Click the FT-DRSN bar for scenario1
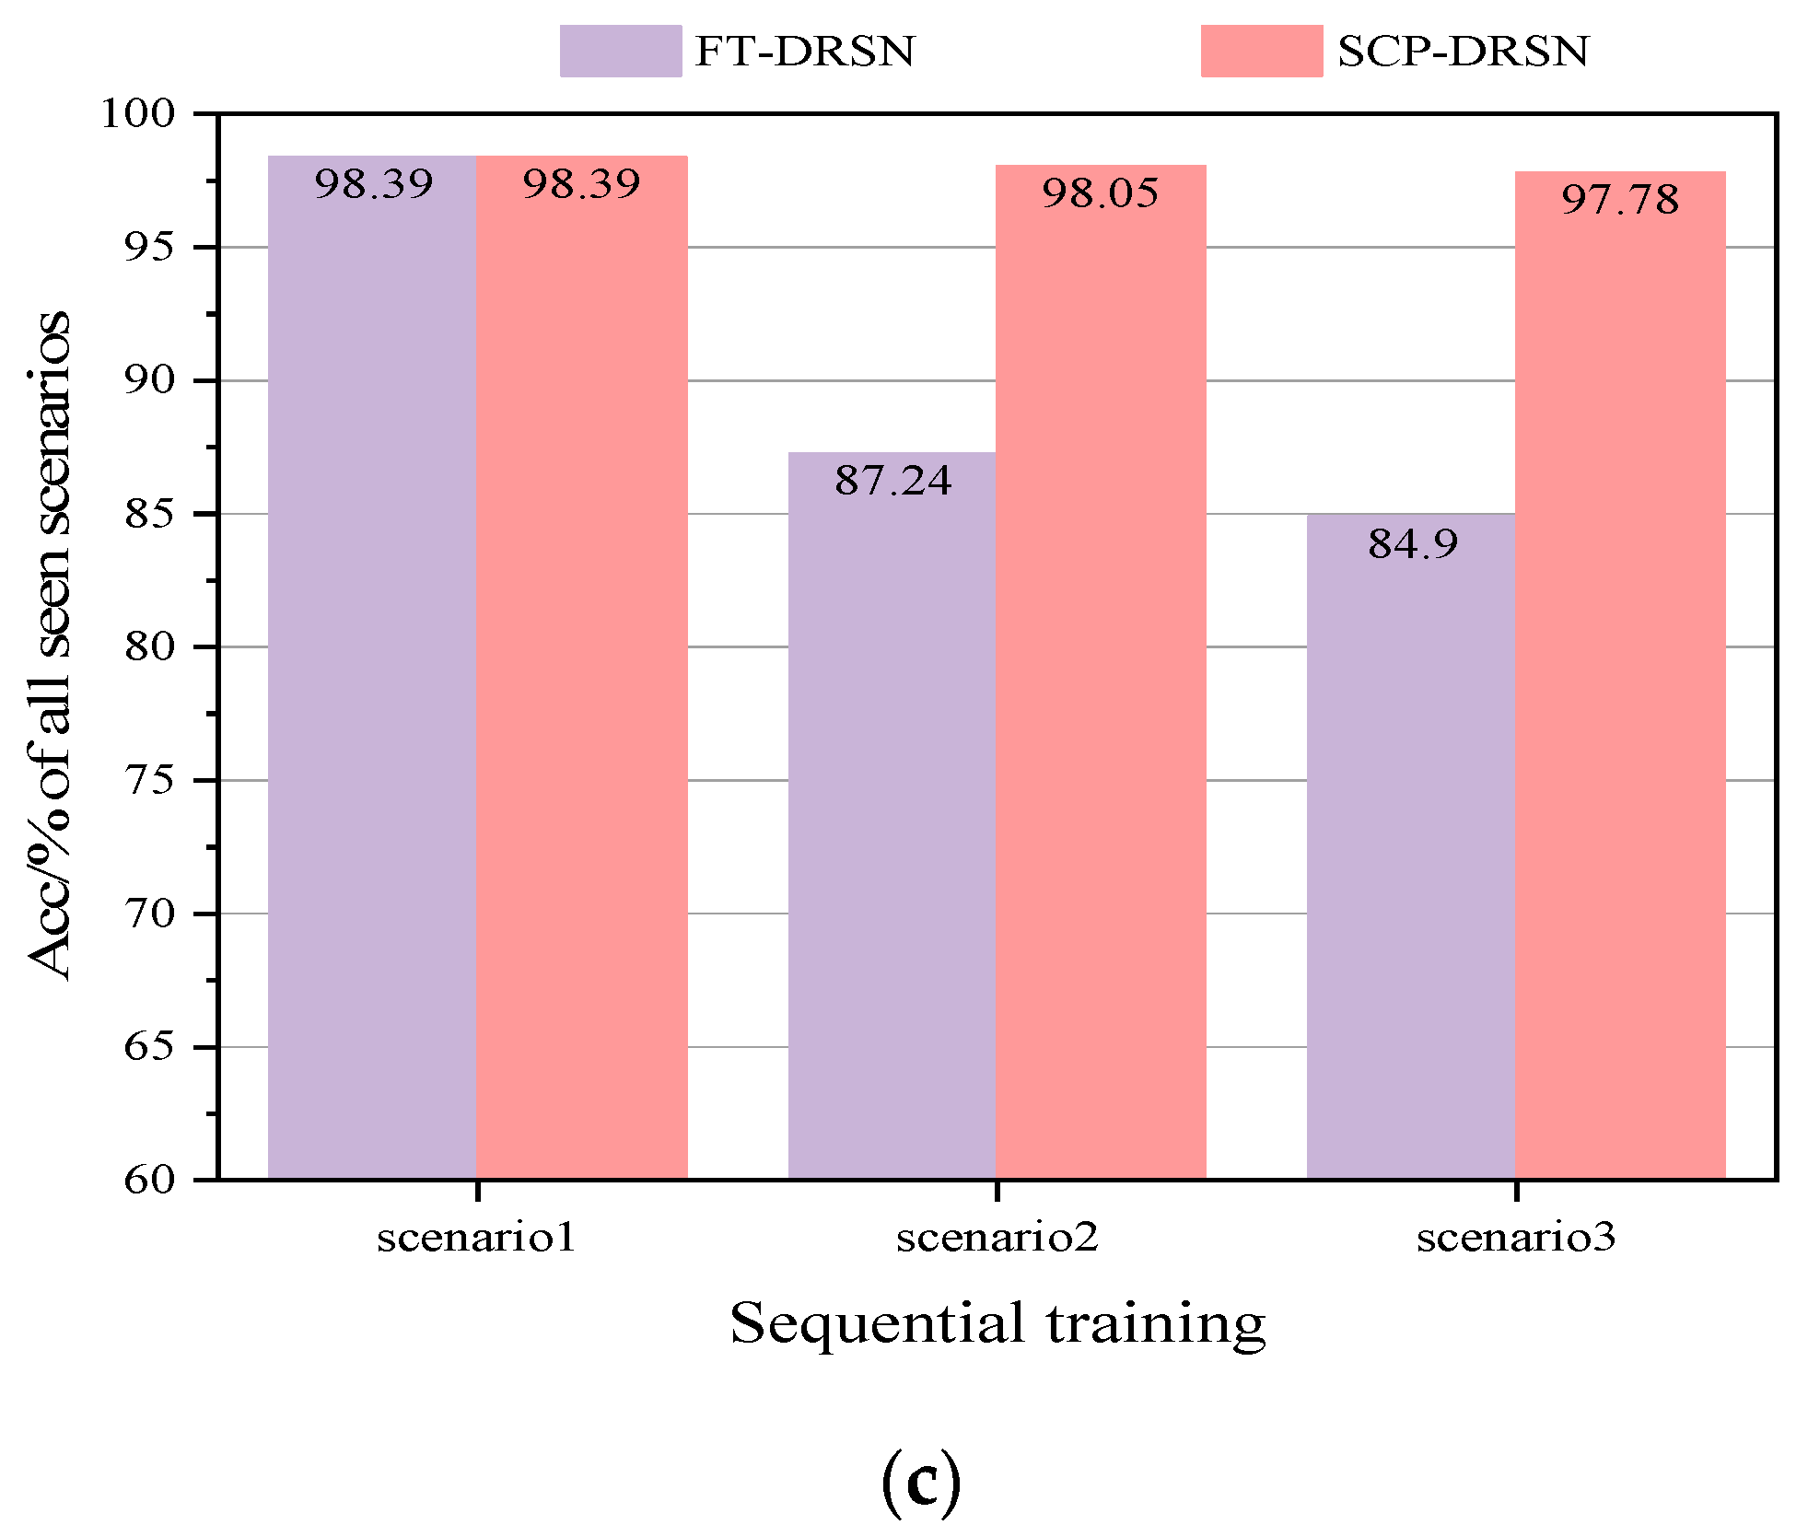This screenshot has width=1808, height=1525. (x=372, y=668)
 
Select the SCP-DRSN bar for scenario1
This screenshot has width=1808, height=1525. (x=581, y=668)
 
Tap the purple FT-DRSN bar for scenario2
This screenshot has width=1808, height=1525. (x=892, y=815)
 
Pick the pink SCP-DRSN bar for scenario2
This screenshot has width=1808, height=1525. (x=1101, y=672)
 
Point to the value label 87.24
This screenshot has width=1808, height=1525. (x=892, y=481)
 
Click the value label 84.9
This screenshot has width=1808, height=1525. (x=1412, y=543)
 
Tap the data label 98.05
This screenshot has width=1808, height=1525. (x=1100, y=193)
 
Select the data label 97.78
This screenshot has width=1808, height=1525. (x=1619, y=200)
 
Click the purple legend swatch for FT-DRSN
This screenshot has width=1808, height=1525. (x=620, y=51)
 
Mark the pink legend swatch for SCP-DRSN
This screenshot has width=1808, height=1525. (x=1261, y=51)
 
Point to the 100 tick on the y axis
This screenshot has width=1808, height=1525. (x=136, y=114)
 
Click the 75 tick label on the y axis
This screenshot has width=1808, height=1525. (x=148, y=781)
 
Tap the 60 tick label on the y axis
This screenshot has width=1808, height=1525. (x=148, y=1180)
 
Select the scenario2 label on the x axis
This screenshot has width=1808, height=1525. (x=997, y=1237)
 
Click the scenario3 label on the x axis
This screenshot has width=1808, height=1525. (x=1516, y=1237)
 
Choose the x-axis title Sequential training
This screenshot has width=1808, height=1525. (x=997, y=1323)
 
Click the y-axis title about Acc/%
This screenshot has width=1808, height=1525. (x=48, y=645)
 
